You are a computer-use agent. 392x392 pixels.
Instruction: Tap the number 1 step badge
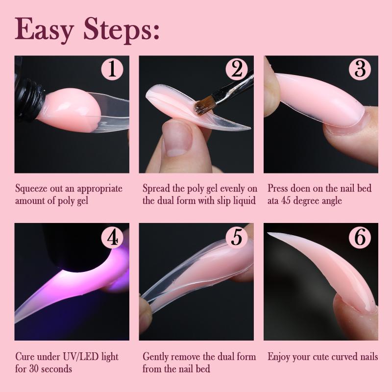coord(112,69)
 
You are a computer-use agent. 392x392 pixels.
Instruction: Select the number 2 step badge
coord(237,69)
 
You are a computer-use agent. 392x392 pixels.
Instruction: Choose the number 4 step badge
coord(112,237)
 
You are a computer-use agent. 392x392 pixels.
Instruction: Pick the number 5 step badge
coord(237,237)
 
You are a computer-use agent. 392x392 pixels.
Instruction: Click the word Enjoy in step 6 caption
coord(279,357)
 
